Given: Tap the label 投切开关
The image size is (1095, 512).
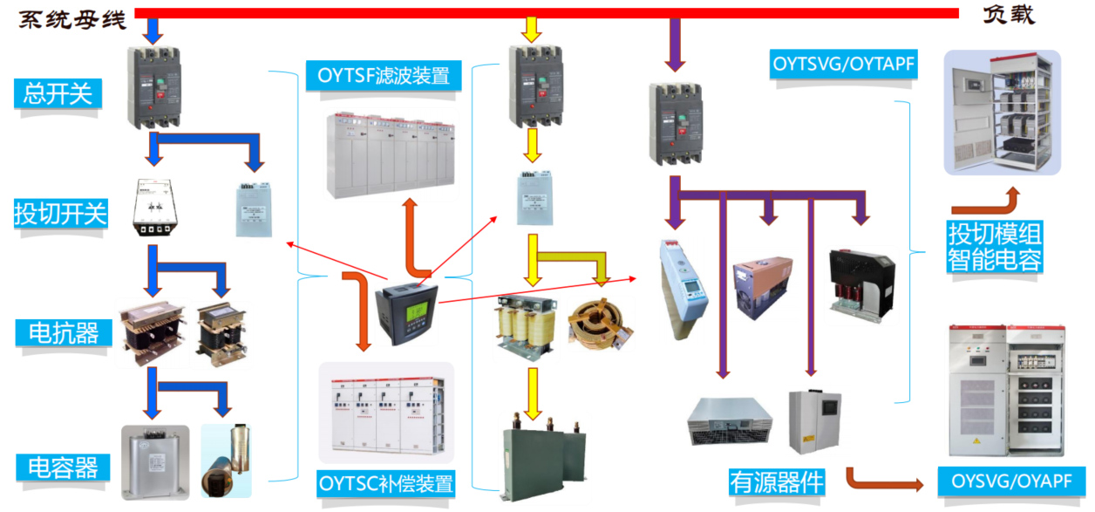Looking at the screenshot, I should pyautogui.click(x=60, y=213).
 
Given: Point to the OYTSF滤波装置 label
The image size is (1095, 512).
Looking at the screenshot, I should pyautogui.click(x=383, y=76).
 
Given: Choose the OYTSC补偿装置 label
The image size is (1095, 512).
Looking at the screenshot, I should pyautogui.click(x=385, y=483).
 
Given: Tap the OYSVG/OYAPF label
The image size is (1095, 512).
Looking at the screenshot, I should pyautogui.click(x=1011, y=481).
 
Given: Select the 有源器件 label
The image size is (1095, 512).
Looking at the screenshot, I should pyautogui.click(x=776, y=481).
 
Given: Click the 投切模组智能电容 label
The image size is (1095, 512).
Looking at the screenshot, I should pyautogui.click(x=996, y=246).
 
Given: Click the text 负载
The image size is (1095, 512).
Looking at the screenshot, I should pyautogui.click(x=1009, y=16).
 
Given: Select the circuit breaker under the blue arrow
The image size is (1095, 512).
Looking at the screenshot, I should pyautogui.click(x=153, y=87).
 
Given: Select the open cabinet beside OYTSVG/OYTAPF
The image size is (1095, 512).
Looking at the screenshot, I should pyautogui.click(x=1003, y=113).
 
